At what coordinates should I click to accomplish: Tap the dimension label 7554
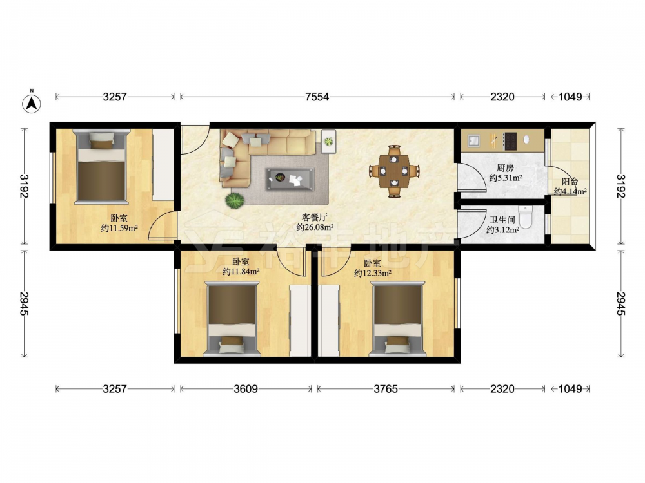[x=317, y=97]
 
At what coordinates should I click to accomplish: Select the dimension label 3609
[x=246, y=388]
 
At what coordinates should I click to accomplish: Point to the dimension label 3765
[x=386, y=388]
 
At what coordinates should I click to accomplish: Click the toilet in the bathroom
[x=526, y=216]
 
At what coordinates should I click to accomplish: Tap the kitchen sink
[x=473, y=141]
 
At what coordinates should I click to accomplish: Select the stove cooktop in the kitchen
[x=510, y=141]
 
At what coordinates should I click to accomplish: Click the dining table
[x=394, y=171]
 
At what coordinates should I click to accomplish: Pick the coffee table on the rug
[x=290, y=179]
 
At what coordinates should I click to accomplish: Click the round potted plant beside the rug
[x=235, y=200]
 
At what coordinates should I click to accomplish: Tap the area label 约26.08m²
[x=315, y=227]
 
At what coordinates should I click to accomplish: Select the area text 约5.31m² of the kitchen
[x=506, y=178]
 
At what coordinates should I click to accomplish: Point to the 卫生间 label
[x=502, y=220]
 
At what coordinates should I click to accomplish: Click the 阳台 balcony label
[x=570, y=182]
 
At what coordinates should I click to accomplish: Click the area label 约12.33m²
[x=373, y=272]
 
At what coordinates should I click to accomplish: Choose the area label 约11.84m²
[x=241, y=271]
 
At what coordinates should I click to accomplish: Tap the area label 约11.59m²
[x=119, y=228]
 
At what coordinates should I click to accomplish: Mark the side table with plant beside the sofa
[x=328, y=142]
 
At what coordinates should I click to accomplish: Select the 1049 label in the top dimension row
[x=570, y=97]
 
